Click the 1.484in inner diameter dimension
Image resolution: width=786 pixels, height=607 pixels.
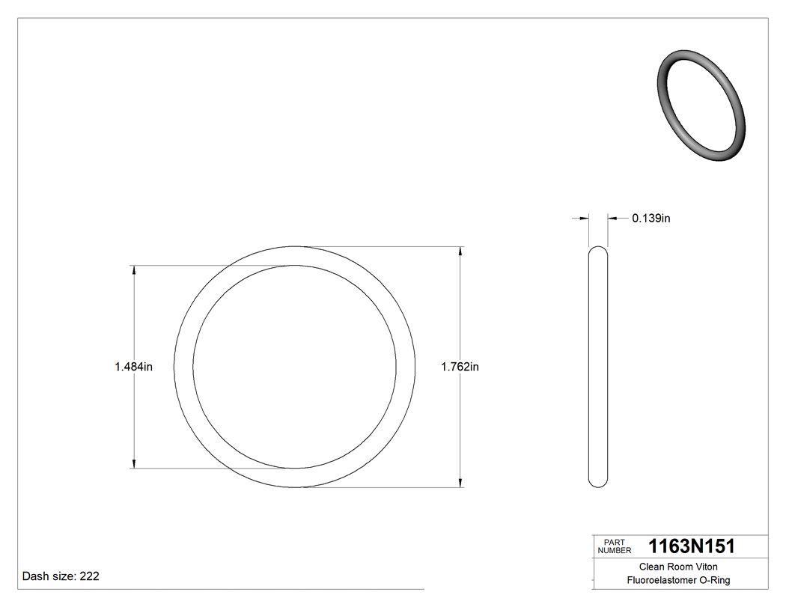[x=133, y=367]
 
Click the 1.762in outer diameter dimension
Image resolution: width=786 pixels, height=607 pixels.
[x=460, y=367]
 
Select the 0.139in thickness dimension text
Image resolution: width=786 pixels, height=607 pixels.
[x=651, y=219]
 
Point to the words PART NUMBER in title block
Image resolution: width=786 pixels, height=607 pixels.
[x=614, y=546]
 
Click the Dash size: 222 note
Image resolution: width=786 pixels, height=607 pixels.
[x=61, y=576]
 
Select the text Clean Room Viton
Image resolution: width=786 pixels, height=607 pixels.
[x=677, y=567]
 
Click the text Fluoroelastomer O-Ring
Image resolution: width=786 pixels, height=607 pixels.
[x=678, y=580]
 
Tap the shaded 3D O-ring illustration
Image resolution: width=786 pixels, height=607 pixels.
[x=701, y=106]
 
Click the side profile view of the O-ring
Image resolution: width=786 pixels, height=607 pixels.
[x=598, y=367]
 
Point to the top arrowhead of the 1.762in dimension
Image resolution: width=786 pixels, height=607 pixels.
[x=460, y=252]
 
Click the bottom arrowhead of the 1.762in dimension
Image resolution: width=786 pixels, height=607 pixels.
[x=460, y=481]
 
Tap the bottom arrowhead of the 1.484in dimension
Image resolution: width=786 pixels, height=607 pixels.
[x=134, y=463]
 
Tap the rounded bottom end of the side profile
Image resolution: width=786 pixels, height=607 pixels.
[x=598, y=483]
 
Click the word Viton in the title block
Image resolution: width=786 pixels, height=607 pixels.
[x=705, y=567]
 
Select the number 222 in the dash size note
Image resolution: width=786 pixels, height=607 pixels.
[x=89, y=576]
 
